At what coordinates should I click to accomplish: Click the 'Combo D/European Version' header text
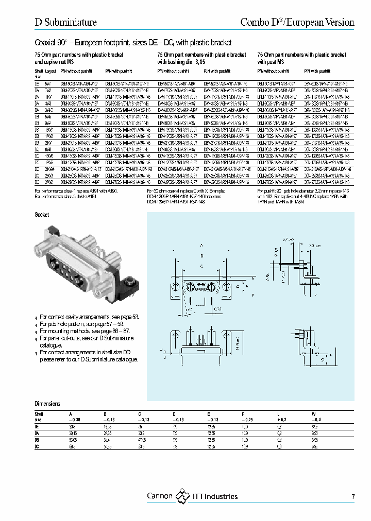297,22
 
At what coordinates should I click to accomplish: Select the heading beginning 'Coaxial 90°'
133,43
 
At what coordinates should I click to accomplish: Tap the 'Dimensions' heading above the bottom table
47,404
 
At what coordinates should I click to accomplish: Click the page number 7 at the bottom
353,496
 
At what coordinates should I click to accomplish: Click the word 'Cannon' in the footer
160,496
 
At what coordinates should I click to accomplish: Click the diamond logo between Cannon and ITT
183,496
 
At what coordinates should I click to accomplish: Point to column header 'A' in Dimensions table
71,413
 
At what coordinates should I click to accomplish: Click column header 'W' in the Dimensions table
314,413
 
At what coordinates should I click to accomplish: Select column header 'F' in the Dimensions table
243,413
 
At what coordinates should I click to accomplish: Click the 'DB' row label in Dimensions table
37,440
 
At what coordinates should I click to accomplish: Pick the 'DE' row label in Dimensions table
37,427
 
